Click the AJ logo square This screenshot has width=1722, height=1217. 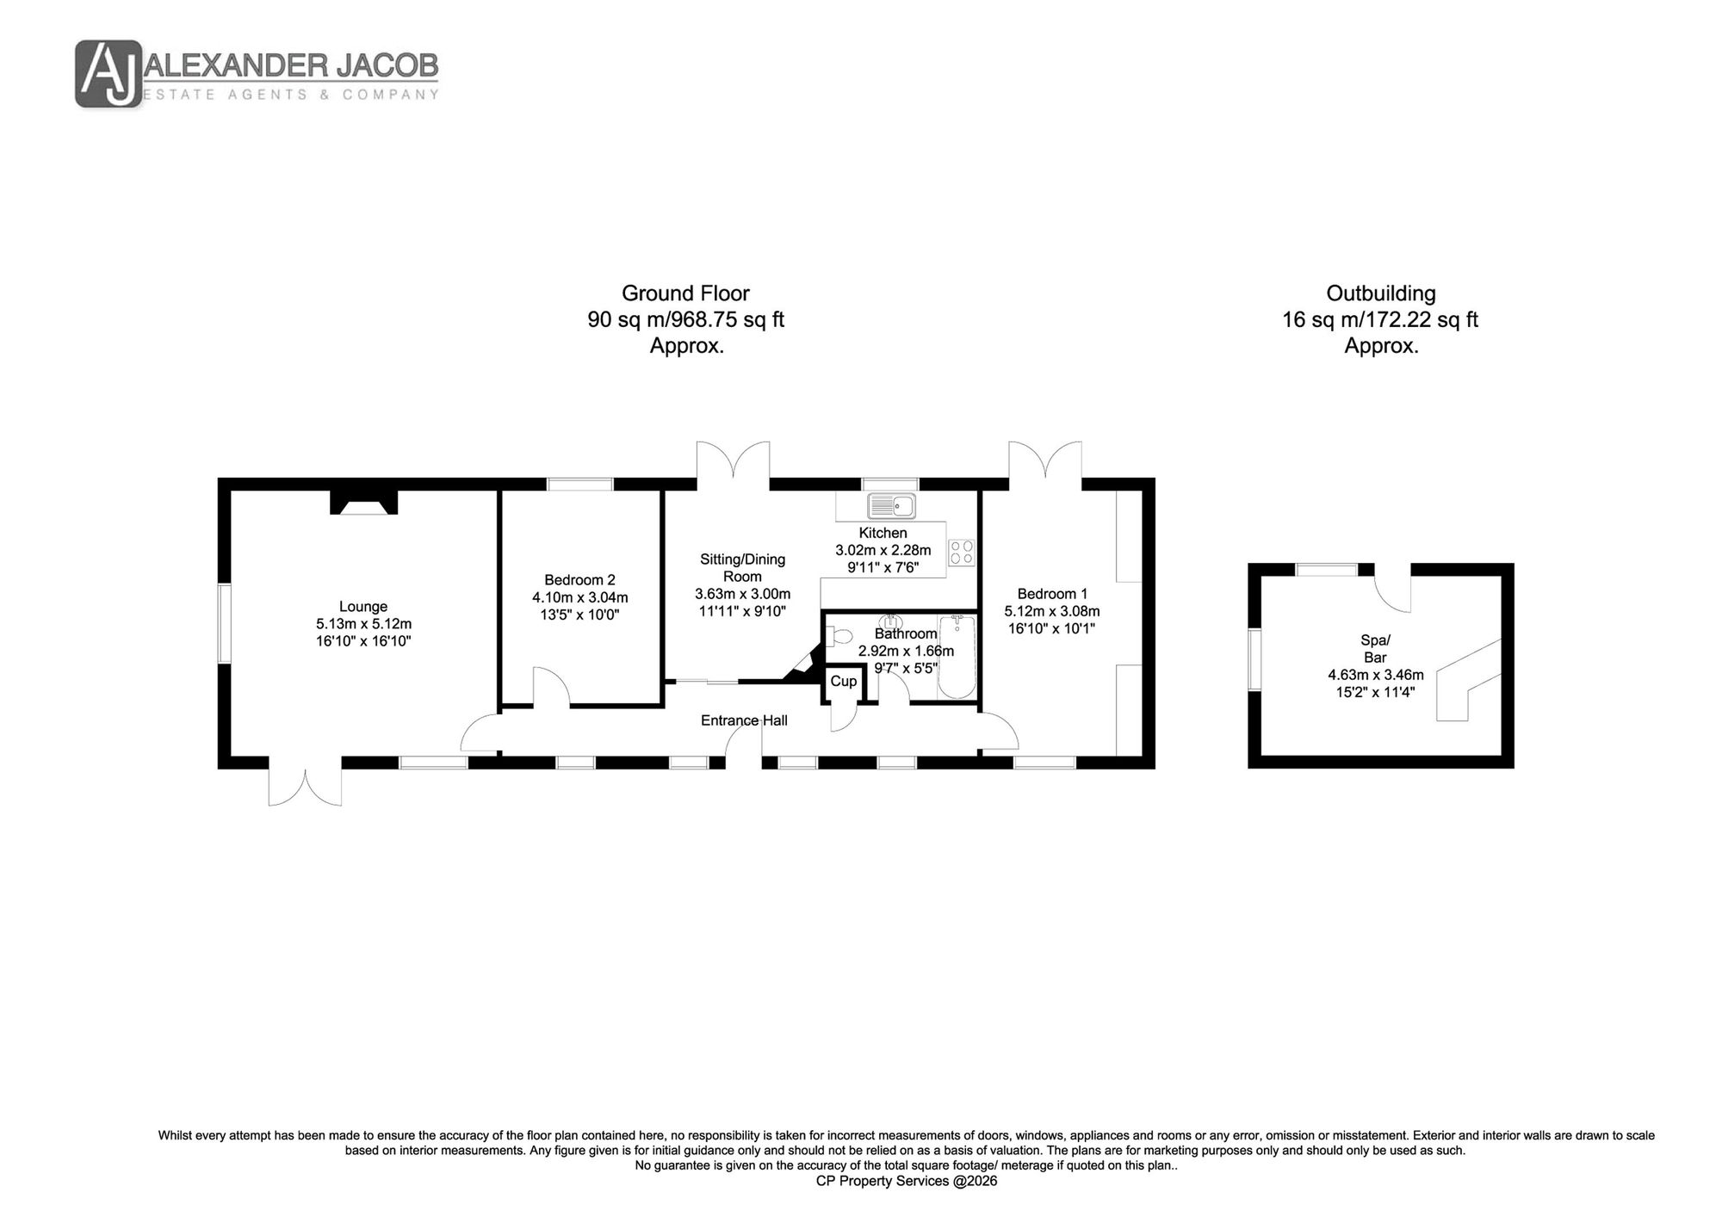pyautogui.click(x=109, y=74)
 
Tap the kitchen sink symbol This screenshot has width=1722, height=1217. pyautogui.click(x=892, y=505)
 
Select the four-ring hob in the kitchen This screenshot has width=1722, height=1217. pyautogui.click(x=962, y=552)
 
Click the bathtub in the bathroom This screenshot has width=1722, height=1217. pyautogui.click(x=957, y=657)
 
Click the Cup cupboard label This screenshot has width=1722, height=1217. pyautogui.click(x=844, y=681)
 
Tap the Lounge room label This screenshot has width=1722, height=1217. pyautogui.click(x=363, y=607)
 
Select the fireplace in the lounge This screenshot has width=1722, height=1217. pyautogui.click(x=364, y=503)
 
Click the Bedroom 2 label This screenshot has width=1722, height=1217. pyautogui.click(x=579, y=580)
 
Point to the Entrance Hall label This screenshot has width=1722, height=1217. pyautogui.click(x=744, y=720)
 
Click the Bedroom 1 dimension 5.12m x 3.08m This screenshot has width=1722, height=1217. pyautogui.click(x=1052, y=611)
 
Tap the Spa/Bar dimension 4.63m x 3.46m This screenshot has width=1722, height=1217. pyautogui.click(x=1376, y=675)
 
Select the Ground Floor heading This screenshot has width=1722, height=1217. pyautogui.click(x=685, y=293)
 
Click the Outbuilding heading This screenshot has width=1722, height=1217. pyautogui.click(x=1381, y=293)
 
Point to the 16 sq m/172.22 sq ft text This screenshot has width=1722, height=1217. pyautogui.click(x=1380, y=320)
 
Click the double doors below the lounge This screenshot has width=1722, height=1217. pyautogui.click(x=306, y=783)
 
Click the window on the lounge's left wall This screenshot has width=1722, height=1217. pyautogui.click(x=225, y=624)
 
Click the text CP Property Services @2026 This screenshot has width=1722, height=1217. pyautogui.click(x=907, y=1182)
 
